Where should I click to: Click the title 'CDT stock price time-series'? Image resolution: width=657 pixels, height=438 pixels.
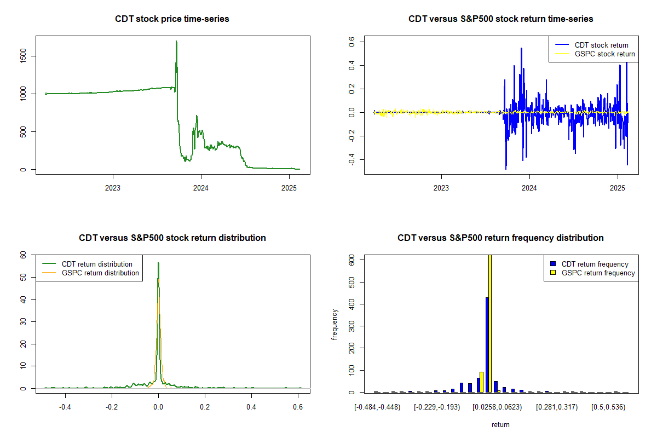(172, 19)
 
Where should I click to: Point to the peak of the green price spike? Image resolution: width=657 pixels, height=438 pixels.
(176, 41)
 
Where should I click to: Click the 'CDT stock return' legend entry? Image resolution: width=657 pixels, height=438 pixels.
(601, 45)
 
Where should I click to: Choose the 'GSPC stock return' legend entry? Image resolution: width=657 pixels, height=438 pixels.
(604, 54)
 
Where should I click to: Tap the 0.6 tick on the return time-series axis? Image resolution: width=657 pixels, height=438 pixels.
(353, 42)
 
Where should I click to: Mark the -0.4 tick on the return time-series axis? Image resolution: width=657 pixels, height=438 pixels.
(353, 160)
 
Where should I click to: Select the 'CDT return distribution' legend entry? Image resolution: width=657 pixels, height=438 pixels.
(97, 264)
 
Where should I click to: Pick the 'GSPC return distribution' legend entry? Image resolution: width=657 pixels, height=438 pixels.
(100, 273)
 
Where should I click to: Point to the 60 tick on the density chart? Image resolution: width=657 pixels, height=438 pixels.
(23, 255)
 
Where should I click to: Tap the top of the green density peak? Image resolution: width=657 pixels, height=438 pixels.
(158, 263)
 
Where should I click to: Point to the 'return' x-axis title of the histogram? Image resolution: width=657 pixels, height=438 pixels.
(500, 424)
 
